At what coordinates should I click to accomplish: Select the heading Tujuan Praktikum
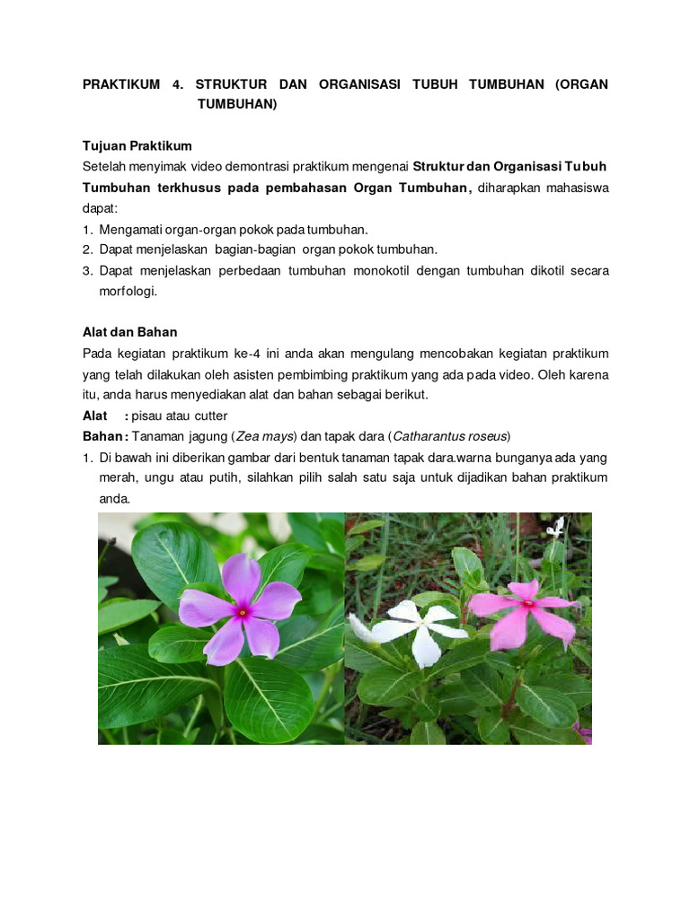coord(137,145)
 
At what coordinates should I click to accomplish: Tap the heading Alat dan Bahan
coord(130,332)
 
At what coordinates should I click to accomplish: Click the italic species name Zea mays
coord(266,436)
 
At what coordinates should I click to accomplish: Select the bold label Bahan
coord(103,436)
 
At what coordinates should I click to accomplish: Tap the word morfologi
coord(128,291)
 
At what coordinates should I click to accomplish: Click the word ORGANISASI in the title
coord(353,84)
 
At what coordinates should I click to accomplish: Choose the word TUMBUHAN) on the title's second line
coord(238,104)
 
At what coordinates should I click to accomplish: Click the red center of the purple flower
coord(242,612)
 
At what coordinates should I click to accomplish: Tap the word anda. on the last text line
coord(115,498)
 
